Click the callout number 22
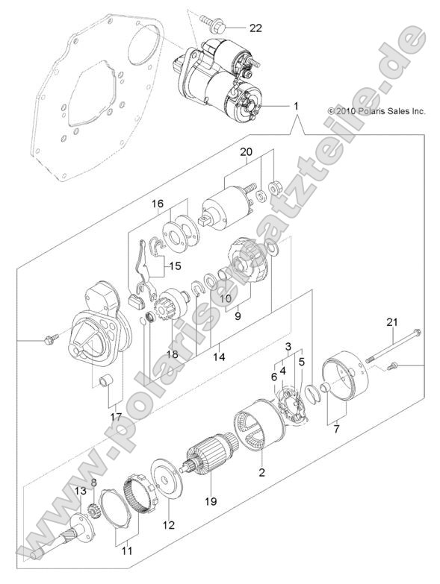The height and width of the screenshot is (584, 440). pyautogui.click(x=255, y=28)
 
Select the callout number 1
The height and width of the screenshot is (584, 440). pyautogui.click(x=297, y=107)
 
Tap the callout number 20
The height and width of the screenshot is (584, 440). pyautogui.click(x=246, y=152)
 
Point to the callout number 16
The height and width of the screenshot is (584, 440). pyautogui.click(x=158, y=203)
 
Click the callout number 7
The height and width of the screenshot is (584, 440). pyautogui.click(x=335, y=430)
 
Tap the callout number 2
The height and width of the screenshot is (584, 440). pyautogui.click(x=262, y=472)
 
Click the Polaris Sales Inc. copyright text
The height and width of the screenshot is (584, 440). pyautogui.click(x=377, y=110)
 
